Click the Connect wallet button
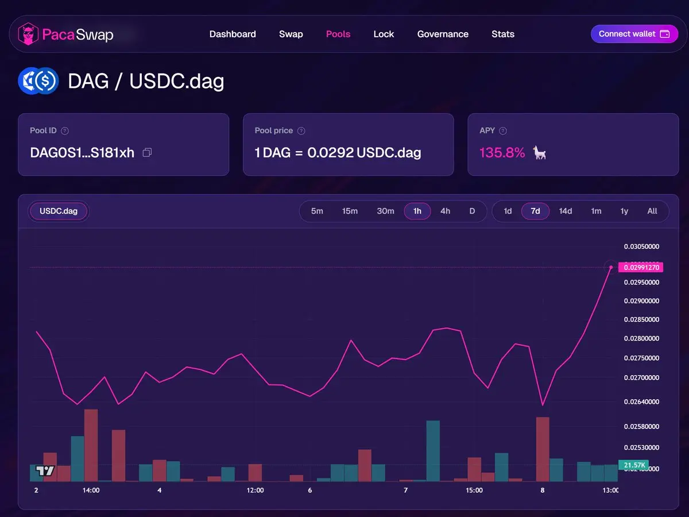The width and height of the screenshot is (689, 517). (x=634, y=34)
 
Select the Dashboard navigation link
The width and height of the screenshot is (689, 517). (x=233, y=34)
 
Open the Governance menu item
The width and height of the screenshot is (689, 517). (x=443, y=34)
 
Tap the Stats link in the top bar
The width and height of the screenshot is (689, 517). (x=503, y=34)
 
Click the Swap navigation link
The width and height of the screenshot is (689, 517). (x=291, y=34)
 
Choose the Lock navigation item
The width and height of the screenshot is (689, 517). (x=384, y=34)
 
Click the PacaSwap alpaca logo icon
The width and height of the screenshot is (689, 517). (x=28, y=34)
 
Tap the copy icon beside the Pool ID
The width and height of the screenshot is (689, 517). (x=147, y=153)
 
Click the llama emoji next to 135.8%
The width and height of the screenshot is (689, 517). (x=539, y=153)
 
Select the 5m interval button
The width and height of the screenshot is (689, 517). (x=317, y=211)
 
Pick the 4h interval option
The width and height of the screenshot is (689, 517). (x=445, y=211)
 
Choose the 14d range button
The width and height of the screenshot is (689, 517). (x=566, y=211)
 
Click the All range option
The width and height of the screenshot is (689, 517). (x=652, y=211)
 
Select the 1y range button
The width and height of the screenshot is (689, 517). (x=624, y=211)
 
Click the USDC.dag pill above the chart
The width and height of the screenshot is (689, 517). (x=59, y=211)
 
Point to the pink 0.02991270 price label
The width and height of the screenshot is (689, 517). (x=641, y=267)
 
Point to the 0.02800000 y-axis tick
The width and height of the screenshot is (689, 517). (x=641, y=338)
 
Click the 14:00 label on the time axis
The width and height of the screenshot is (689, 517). (x=91, y=490)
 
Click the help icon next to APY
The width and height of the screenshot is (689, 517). (x=503, y=131)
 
